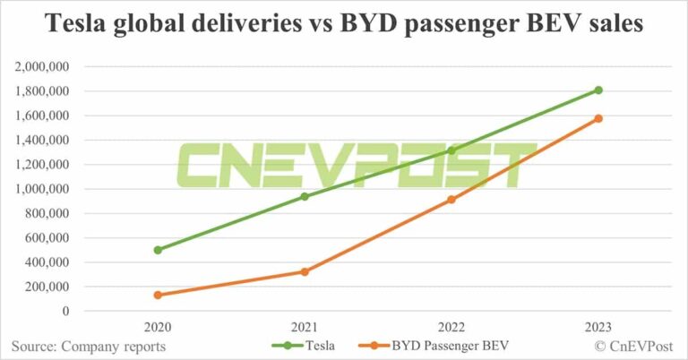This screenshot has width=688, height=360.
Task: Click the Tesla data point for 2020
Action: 158,250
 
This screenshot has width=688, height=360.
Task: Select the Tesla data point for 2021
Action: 305,196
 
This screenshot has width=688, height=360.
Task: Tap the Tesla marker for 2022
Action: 451,150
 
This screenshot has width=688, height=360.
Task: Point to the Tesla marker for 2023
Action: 598,90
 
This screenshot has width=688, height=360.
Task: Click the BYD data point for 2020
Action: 158,295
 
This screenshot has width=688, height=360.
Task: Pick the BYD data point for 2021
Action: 305,271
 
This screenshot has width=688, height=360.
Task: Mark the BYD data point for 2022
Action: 451,200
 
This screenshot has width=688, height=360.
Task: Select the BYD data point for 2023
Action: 598,118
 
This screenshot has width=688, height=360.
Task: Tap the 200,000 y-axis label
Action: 50,287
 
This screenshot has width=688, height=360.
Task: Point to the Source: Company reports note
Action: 89,346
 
